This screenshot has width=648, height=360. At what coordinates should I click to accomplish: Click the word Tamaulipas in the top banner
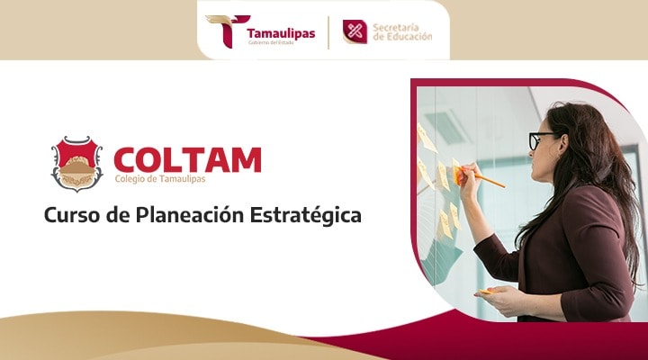tap(281, 33)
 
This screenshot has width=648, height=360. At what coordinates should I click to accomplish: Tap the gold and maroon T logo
tap(222, 31)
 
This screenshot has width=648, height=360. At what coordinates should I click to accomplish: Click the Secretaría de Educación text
tap(401, 31)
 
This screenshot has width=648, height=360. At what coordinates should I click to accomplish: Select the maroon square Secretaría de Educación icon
tap(355, 31)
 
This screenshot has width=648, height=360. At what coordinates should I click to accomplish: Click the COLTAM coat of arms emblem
tap(76, 163)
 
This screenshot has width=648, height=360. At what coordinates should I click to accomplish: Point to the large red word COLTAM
tap(187, 158)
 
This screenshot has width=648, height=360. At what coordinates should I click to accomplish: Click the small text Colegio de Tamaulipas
tap(161, 179)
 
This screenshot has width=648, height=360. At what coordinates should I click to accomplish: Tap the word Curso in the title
tap(70, 217)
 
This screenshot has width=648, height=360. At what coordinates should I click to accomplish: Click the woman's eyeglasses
tap(542, 139)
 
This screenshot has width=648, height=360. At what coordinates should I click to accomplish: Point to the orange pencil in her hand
tap(487, 180)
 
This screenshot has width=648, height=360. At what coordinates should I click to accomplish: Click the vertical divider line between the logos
tap(328, 31)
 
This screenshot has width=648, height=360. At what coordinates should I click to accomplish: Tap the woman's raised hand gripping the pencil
tap(465, 175)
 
